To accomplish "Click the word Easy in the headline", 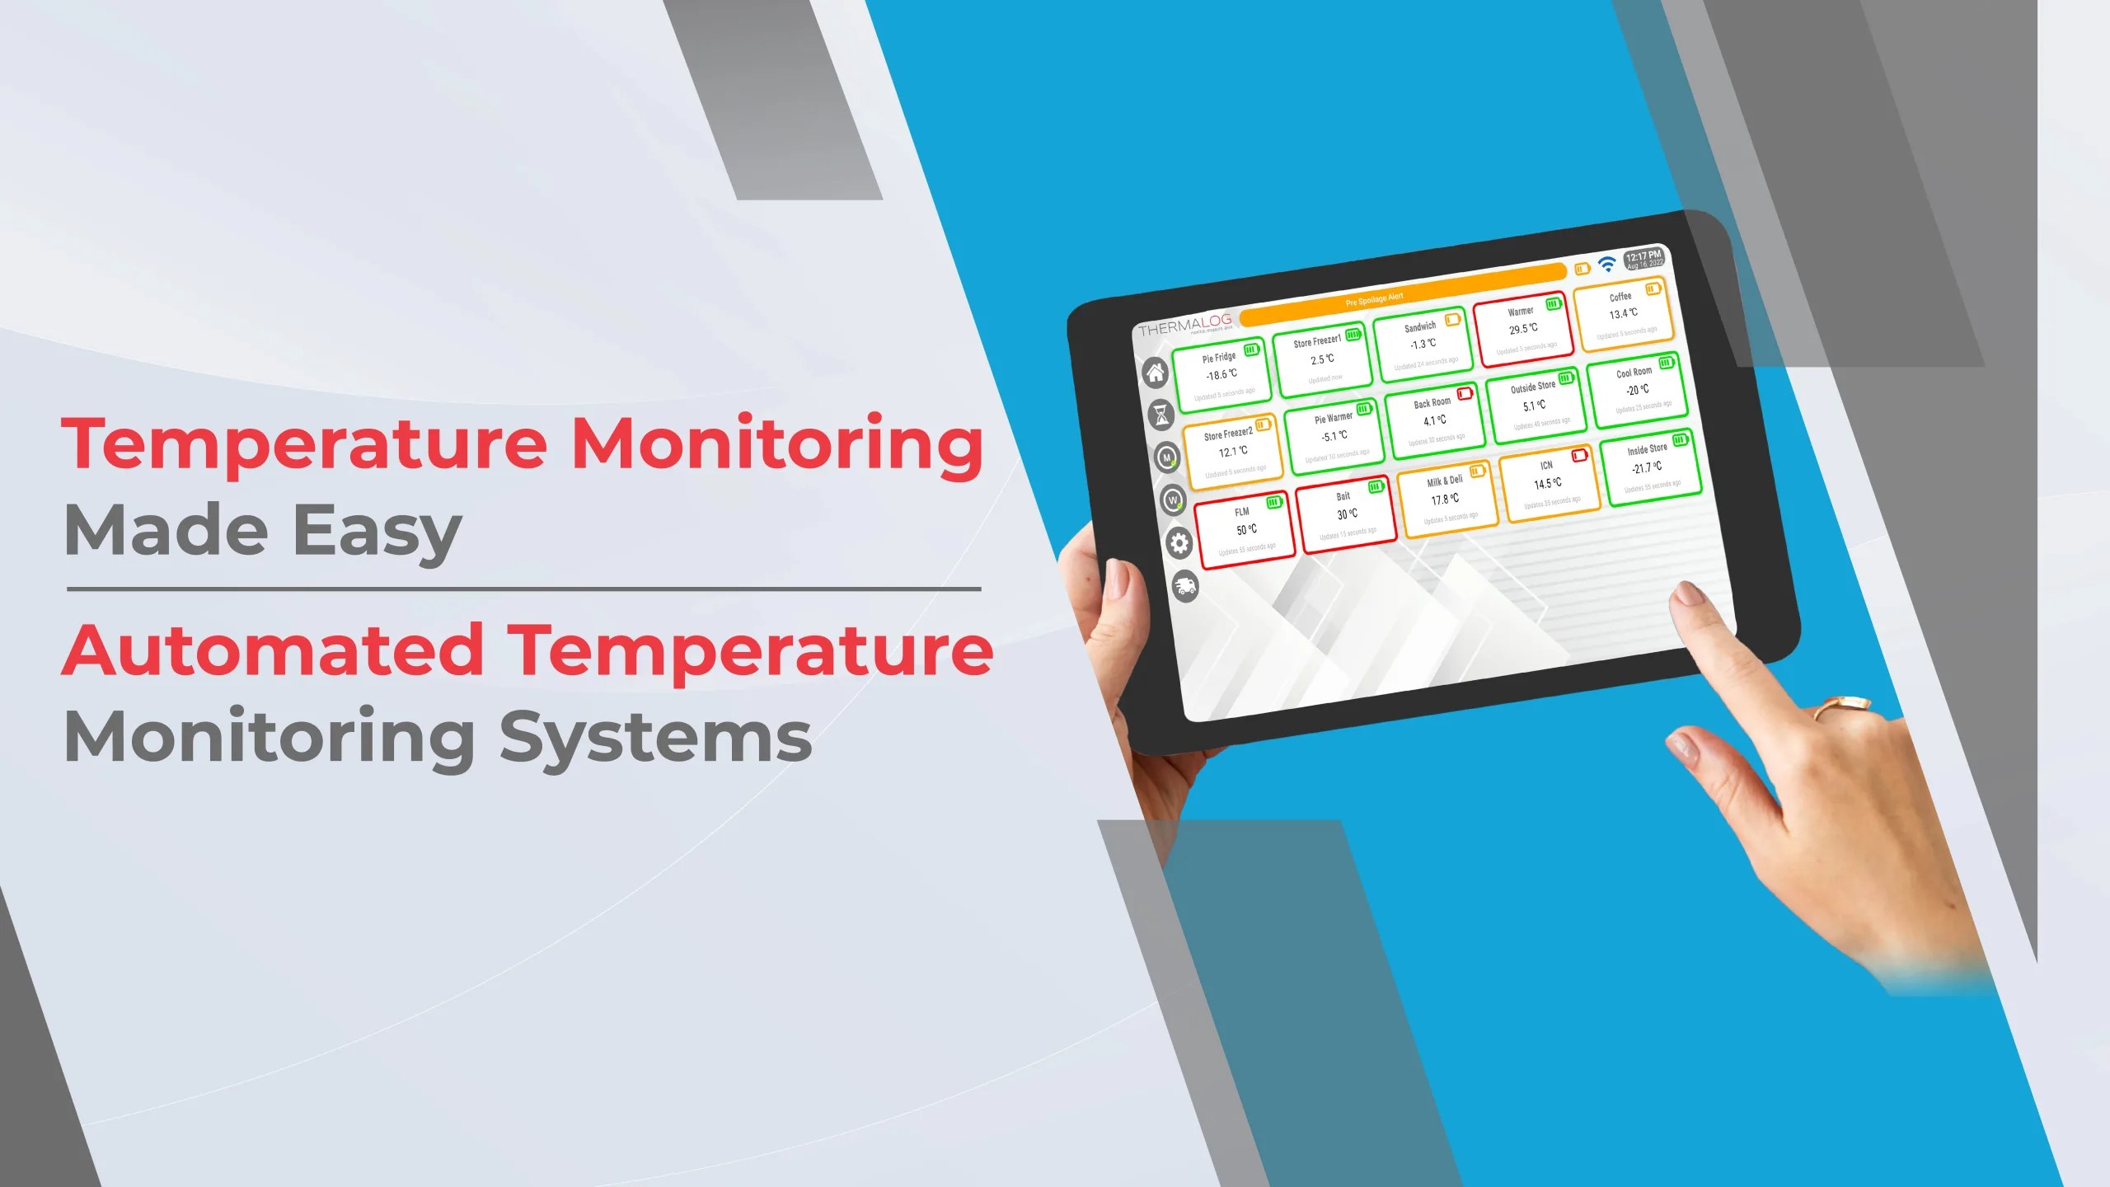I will [x=377, y=531].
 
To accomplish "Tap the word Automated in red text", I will [x=272, y=651].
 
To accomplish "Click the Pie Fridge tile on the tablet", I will [x=1221, y=375].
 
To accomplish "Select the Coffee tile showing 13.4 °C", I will [x=1623, y=313].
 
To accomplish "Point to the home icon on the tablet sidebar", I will [x=1156, y=373].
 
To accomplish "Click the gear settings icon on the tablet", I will [x=1179, y=543].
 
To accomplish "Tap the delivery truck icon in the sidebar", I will [x=1185, y=586].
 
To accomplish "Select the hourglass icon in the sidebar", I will [x=1161, y=415].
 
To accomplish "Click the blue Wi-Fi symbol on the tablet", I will [x=1606, y=264].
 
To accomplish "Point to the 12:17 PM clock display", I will [x=1643, y=259].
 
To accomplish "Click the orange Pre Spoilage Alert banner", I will [x=1401, y=296].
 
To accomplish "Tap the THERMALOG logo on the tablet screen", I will [x=1184, y=326].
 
